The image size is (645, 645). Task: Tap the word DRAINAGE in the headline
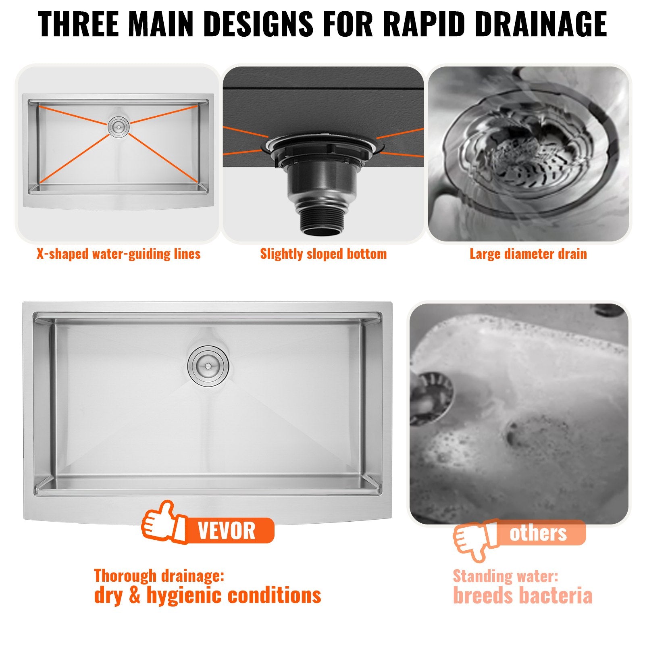point(541,24)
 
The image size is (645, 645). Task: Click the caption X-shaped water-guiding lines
point(119,254)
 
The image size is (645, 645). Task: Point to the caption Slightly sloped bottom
point(323,254)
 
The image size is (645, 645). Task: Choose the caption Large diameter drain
point(528,254)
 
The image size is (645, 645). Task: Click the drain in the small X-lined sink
point(119,127)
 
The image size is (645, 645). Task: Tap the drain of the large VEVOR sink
point(208,366)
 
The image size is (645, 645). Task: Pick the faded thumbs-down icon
point(474,540)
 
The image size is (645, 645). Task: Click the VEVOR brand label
point(227,531)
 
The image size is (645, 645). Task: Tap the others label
point(538,533)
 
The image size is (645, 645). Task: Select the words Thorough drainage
point(159,576)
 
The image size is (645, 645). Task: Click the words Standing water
point(506,576)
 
